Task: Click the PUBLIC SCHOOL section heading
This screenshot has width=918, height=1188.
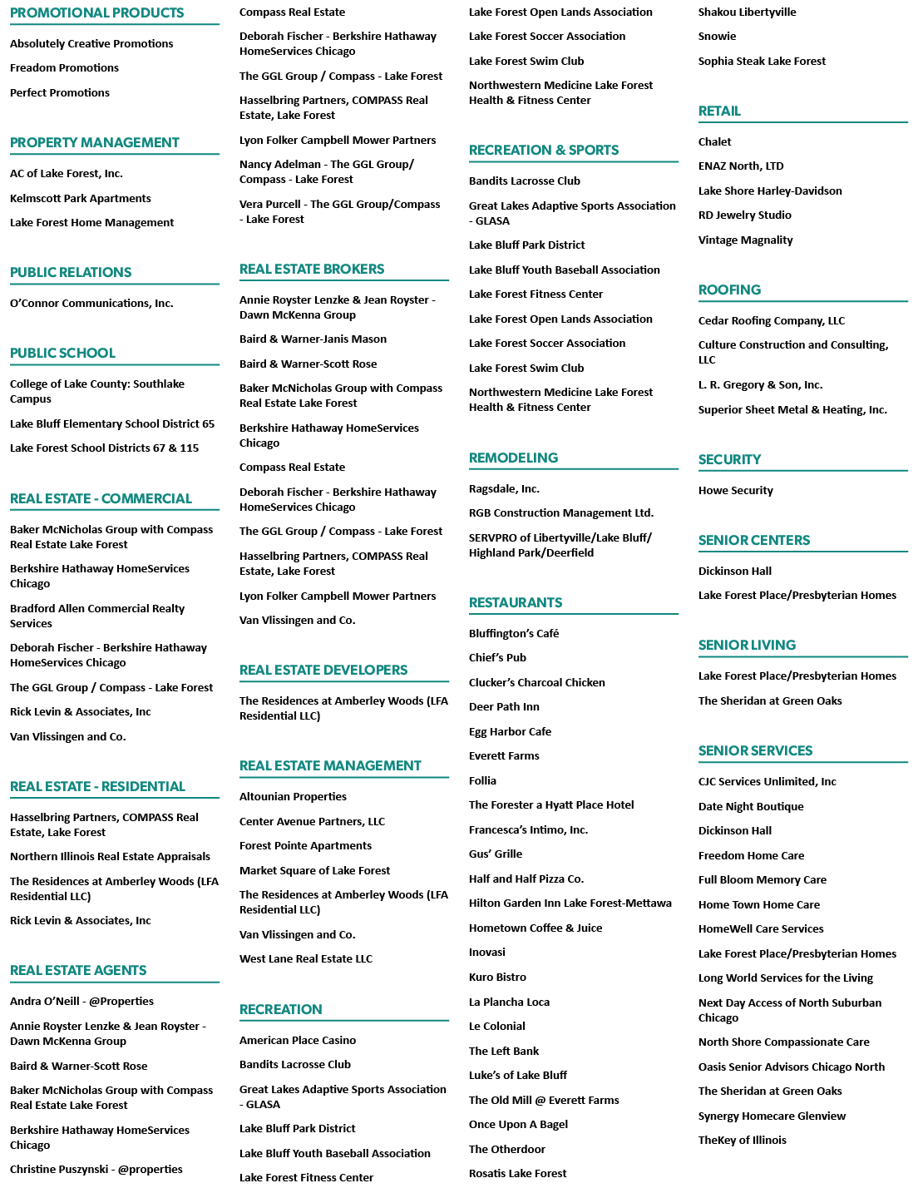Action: pyautogui.click(x=63, y=354)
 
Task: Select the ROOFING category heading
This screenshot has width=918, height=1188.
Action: pyautogui.click(x=729, y=290)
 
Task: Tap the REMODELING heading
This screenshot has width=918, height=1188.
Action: pyautogui.click(x=513, y=458)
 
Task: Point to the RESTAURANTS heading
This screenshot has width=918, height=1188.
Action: pyautogui.click(x=516, y=602)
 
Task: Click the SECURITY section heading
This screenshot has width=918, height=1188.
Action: pyautogui.click(x=729, y=459)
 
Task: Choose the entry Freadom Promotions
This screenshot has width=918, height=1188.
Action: pyautogui.click(x=65, y=67)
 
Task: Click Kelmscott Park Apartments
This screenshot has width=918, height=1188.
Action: pyautogui.click(x=81, y=199)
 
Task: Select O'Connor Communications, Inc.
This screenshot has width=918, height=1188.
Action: pyautogui.click(x=91, y=304)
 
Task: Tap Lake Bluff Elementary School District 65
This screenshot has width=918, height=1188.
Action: pyautogui.click(x=112, y=423)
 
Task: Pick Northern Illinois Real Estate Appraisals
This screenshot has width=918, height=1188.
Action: pyautogui.click(x=110, y=857)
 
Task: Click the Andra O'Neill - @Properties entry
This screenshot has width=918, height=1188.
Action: pyautogui.click(x=82, y=1001)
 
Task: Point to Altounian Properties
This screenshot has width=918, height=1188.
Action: pyautogui.click(x=293, y=796)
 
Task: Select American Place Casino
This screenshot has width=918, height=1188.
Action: pyautogui.click(x=297, y=1041)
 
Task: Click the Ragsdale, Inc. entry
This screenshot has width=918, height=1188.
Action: pyautogui.click(x=505, y=488)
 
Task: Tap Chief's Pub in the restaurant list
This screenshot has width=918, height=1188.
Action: pyautogui.click(x=497, y=658)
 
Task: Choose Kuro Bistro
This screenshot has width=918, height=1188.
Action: pyautogui.click(x=497, y=977)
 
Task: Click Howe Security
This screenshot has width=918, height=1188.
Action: pyautogui.click(x=736, y=490)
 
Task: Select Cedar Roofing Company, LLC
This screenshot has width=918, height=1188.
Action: pyautogui.click(x=772, y=321)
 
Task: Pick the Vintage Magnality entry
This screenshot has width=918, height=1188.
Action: pyautogui.click(x=745, y=240)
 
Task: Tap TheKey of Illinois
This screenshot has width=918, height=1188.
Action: pyautogui.click(x=742, y=1140)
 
